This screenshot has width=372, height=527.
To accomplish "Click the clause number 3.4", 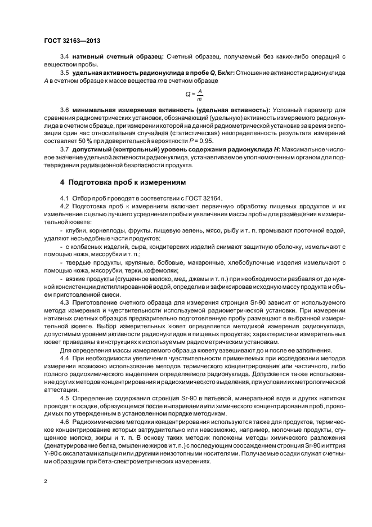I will (x=64, y=57).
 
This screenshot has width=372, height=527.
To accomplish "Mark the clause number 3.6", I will (x=64, y=109).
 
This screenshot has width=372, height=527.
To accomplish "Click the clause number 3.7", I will (x=64, y=150).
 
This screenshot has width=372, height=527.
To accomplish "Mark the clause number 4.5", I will (x=64, y=398).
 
